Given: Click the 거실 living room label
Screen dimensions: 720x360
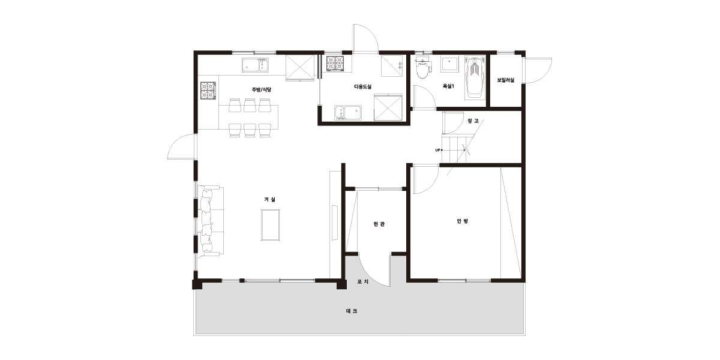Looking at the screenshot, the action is (269, 199).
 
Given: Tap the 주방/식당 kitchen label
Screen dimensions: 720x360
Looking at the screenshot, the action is (262, 89).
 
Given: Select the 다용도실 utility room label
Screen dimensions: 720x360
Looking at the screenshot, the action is (362, 86).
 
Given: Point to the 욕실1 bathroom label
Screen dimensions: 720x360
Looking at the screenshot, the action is (448, 86).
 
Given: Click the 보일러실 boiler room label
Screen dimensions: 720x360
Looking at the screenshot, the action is (506, 80).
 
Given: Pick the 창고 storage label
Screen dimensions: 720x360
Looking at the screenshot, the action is (473, 121).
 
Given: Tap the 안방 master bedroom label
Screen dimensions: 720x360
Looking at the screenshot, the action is (462, 221).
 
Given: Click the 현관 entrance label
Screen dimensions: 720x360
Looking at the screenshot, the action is (379, 224).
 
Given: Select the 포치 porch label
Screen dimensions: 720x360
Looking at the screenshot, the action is (363, 282).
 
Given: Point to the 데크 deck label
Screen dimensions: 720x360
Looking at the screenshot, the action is (352, 311).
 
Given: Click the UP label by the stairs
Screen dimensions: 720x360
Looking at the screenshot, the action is (437, 150).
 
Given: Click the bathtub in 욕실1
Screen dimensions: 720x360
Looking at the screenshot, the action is (475, 77).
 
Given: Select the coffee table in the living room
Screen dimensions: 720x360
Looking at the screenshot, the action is (270, 225).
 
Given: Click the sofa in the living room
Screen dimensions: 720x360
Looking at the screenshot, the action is (211, 221).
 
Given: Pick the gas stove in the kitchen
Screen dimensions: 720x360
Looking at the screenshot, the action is (208, 91).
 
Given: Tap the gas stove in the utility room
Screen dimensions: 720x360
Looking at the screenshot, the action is (336, 64).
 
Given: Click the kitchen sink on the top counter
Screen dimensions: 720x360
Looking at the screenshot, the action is (255, 65).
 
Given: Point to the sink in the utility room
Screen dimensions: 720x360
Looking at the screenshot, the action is (348, 113).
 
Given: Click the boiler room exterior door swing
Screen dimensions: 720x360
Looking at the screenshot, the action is (538, 71).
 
